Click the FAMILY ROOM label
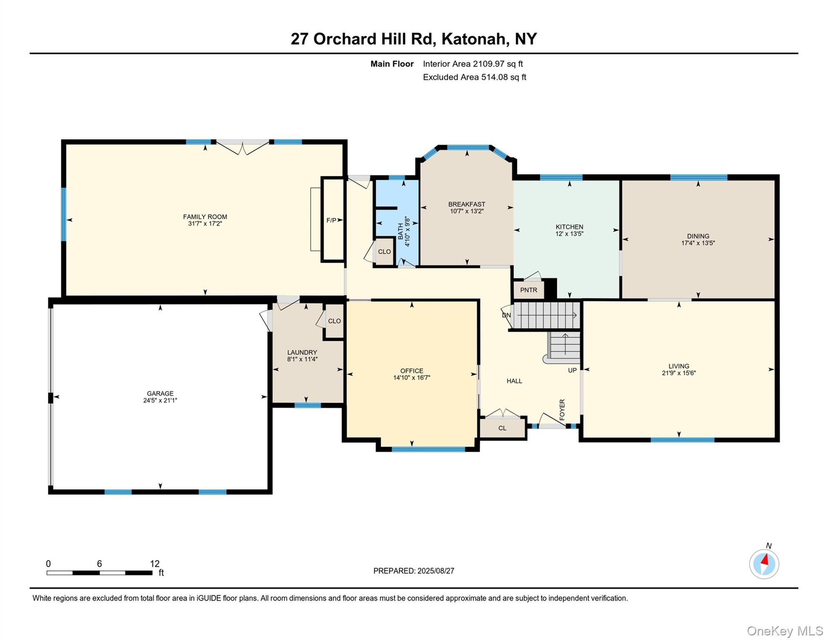(x=205, y=217)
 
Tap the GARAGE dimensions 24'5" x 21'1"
(x=160, y=400)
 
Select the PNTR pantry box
(x=529, y=290)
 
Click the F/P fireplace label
(x=332, y=220)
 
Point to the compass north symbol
(x=764, y=564)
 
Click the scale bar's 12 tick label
(x=155, y=564)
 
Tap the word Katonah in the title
(x=475, y=39)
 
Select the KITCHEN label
(x=569, y=227)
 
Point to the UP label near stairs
(x=572, y=370)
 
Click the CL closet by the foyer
(x=502, y=428)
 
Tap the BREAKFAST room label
(x=466, y=204)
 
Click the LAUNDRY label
(x=302, y=352)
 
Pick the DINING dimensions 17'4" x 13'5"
(x=698, y=243)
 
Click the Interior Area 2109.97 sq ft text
(x=473, y=64)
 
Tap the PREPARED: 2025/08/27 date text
(x=414, y=571)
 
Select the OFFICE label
(x=412, y=371)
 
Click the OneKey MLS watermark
(x=784, y=631)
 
